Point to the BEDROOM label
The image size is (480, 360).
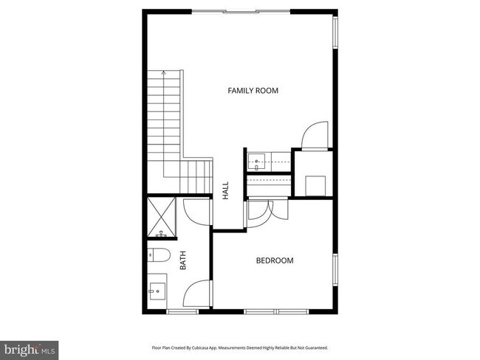click(275, 260)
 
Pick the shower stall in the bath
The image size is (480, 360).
click(162, 217)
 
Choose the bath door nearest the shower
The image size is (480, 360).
click(196, 213)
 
